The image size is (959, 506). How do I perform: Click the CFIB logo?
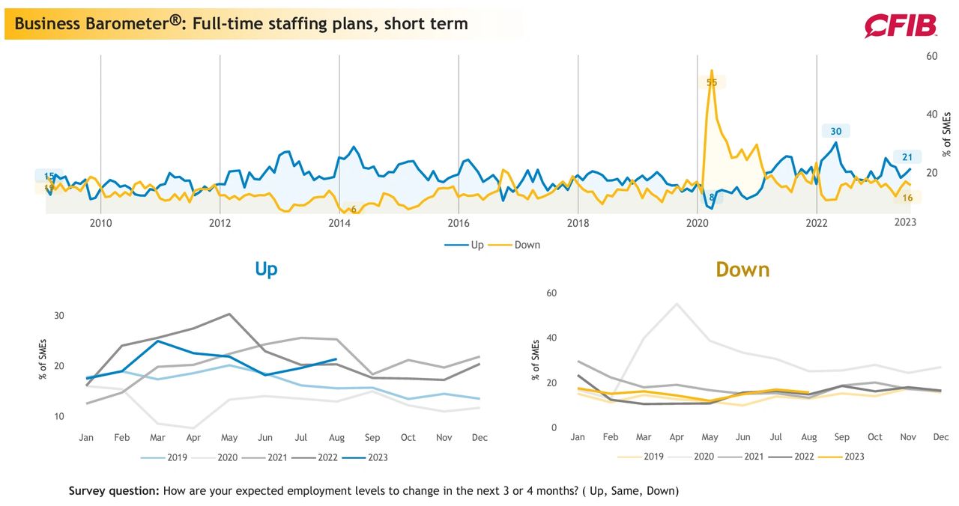(x=901, y=25)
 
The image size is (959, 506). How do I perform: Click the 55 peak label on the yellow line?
(x=712, y=82)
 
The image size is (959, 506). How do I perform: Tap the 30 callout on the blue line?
(x=835, y=131)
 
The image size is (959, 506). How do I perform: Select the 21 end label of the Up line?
(x=907, y=157)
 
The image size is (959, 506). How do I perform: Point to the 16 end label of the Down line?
(x=907, y=198)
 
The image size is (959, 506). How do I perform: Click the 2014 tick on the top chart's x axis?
(x=339, y=223)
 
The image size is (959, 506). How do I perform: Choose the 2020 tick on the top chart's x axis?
(x=698, y=223)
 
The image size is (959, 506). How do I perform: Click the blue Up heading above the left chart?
(x=266, y=269)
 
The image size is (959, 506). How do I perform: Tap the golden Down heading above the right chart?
(x=742, y=269)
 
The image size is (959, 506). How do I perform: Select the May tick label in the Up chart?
(x=229, y=438)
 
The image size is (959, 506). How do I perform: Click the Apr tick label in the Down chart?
(x=677, y=437)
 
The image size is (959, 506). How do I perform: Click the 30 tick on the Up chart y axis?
(x=59, y=316)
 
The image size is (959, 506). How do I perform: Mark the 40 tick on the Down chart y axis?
(x=551, y=338)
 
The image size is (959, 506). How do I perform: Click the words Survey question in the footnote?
(x=114, y=490)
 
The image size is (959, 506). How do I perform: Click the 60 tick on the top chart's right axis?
(x=931, y=56)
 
